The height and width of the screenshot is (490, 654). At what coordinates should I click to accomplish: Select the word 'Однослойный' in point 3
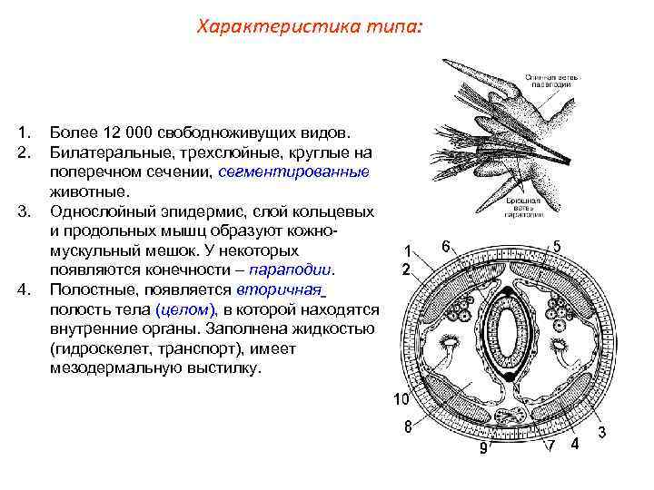coord(101,211)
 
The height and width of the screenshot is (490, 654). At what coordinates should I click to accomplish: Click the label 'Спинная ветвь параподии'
coord(544,83)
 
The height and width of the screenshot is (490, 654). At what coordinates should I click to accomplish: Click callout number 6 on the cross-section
coord(446,245)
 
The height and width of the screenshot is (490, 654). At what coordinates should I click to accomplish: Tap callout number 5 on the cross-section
coord(557,246)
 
